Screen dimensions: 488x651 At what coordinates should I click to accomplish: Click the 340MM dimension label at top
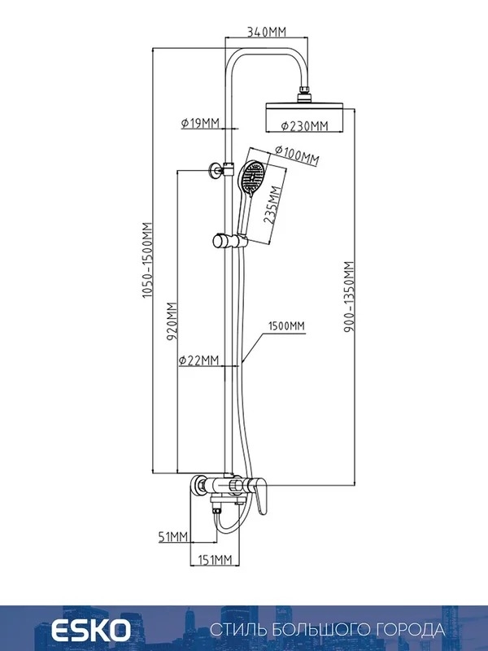click(x=267, y=32)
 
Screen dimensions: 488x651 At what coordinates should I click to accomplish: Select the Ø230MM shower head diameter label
click(x=304, y=126)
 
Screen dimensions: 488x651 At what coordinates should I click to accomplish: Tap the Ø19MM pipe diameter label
click(x=200, y=123)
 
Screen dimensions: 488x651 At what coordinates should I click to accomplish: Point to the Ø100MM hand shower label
click(x=297, y=155)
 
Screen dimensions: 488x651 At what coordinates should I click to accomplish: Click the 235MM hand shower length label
click(x=272, y=205)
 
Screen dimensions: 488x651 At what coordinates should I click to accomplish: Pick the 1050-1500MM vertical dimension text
click(x=147, y=260)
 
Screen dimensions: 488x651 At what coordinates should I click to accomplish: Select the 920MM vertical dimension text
click(x=172, y=321)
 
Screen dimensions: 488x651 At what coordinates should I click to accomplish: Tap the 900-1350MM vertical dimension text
click(x=350, y=297)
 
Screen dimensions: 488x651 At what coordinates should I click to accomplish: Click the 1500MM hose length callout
click(x=286, y=326)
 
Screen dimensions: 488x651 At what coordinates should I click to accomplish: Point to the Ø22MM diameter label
click(x=198, y=360)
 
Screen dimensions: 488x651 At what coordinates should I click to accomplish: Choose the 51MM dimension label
click(x=173, y=537)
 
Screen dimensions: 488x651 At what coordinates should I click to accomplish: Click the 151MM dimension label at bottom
click(x=214, y=560)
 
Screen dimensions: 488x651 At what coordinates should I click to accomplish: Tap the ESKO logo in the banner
click(x=90, y=630)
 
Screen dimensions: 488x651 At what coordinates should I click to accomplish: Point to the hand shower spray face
click(x=252, y=178)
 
